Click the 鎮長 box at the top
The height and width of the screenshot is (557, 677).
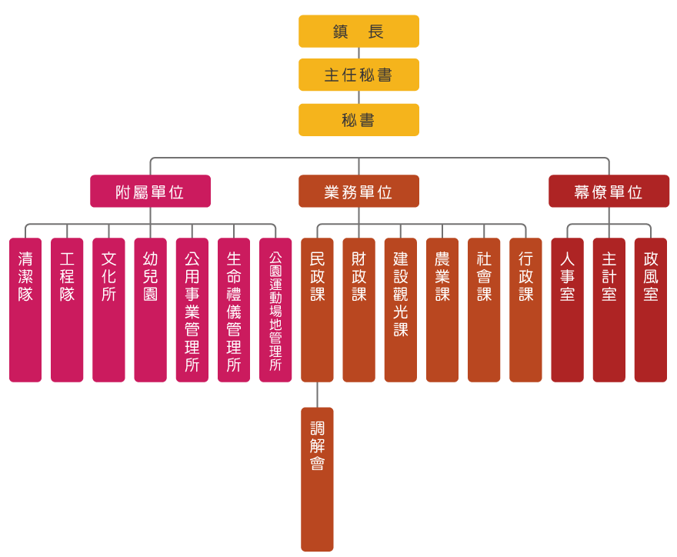(x=359, y=32)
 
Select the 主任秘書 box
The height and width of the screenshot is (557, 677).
(x=359, y=75)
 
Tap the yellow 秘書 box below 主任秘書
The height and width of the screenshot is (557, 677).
(x=359, y=120)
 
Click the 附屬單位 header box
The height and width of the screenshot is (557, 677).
(x=150, y=192)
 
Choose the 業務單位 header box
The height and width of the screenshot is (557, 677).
(x=359, y=192)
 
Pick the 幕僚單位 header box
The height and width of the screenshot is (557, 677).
(x=609, y=192)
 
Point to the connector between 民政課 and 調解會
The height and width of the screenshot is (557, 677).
(x=317, y=395)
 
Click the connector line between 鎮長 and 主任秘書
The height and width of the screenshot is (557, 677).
(x=359, y=53)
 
